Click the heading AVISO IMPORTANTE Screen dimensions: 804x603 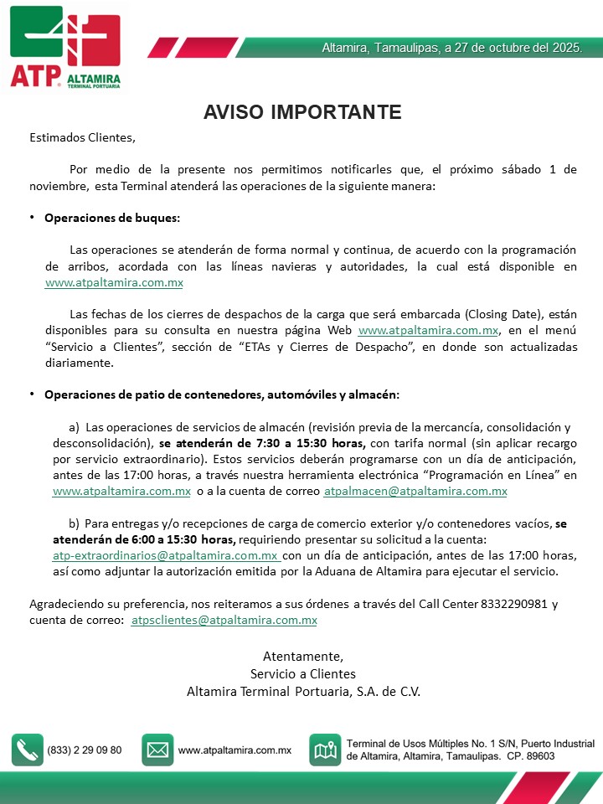pyautogui.click(x=302, y=112)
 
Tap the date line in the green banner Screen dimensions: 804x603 pyautogui.click(x=451, y=48)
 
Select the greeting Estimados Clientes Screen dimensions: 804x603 pyautogui.click(x=82, y=137)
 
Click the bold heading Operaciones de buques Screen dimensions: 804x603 pyautogui.click(x=112, y=218)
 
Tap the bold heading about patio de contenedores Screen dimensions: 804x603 pyautogui.click(x=222, y=394)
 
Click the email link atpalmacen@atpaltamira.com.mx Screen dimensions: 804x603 pyautogui.click(x=415, y=492)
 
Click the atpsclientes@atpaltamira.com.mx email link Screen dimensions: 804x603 pyautogui.click(x=224, y=621)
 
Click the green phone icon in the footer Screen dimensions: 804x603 pyautogui.click(x=27, y=750)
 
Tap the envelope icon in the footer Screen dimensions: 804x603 pyautogui.click(x=157, y=750)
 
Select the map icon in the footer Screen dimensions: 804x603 pyautogui.click(x=325, y=750)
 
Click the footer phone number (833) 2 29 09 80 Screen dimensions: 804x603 pyautogui.click(x=85, y=750)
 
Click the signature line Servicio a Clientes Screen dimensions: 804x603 pyautogui.click(x=302, y=673)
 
